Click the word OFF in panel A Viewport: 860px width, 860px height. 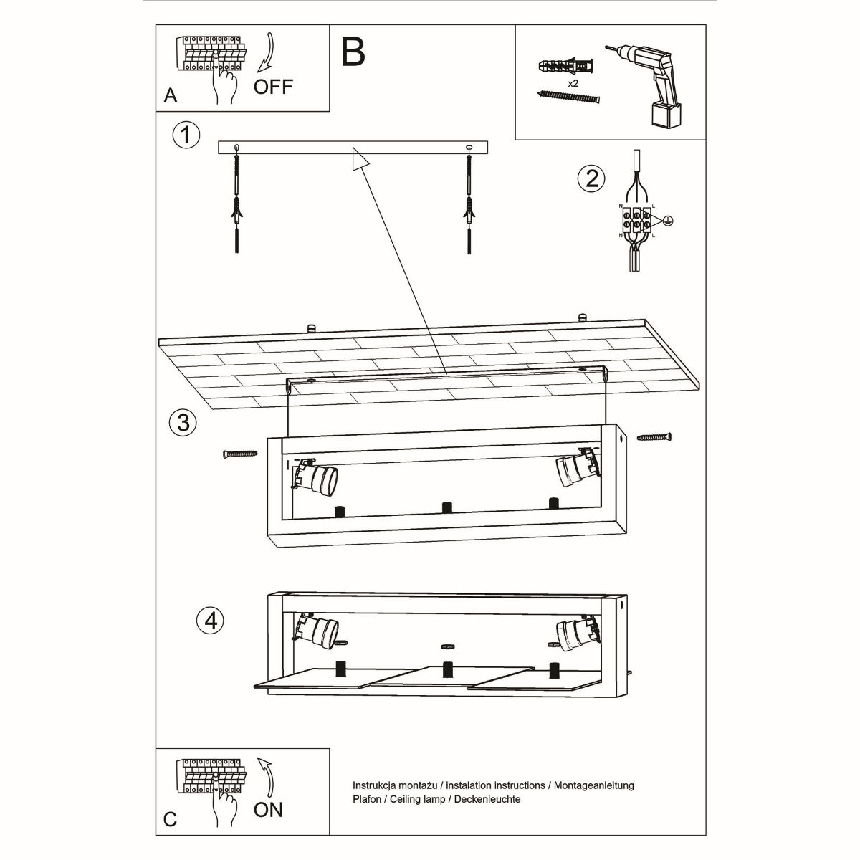[x=273, y=87]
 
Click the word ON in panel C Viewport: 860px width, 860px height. [x=268, y=810]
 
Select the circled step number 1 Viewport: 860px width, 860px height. [x=186, y=134]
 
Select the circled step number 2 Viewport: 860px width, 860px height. [x=591, y=178]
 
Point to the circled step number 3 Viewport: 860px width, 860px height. [x=183, y=421]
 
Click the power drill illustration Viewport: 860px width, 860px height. [x=656, y=82]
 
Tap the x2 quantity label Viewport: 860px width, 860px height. [x=573, y=84]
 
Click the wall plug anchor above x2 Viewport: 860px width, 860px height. [x=565, y=67]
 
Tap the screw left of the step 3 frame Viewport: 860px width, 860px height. [x=239, y=453]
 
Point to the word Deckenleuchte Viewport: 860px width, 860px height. [x=487, y=798]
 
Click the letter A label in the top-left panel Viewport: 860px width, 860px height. [x=170, y=95]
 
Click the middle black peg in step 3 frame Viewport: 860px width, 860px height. [x=447, y=507]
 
